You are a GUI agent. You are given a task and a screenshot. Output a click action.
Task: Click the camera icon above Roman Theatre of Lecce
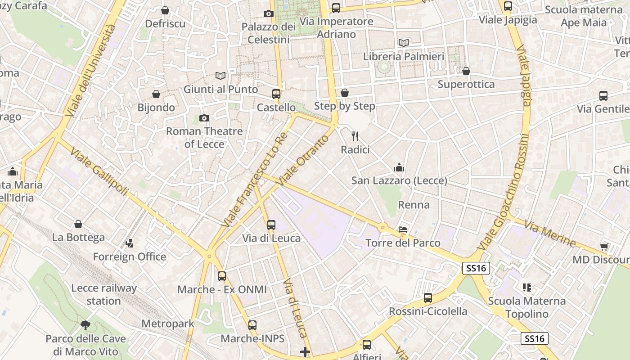tap(204, 118)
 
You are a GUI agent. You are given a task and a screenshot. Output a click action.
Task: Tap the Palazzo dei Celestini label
tap(269, 33)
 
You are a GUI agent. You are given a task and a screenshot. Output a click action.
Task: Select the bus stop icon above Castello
tap(276, 94)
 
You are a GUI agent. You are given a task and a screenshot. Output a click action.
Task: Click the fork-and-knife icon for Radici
tap(355, 136)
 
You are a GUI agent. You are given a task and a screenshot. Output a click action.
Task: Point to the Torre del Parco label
tap(403, 243)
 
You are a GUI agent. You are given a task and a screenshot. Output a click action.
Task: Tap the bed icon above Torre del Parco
tap(403, 229)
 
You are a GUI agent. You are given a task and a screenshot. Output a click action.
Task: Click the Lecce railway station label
tap(104, 294)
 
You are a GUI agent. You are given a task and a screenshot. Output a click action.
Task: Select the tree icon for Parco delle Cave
tap(85, 325)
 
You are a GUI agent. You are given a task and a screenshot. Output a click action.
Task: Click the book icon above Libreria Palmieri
tap(404, 43)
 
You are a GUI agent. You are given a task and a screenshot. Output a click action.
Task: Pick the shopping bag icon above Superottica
tap(466, 71)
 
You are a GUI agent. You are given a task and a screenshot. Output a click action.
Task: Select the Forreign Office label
tap(130, 257)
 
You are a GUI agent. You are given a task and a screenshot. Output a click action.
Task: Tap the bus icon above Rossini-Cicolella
tap(428, 298)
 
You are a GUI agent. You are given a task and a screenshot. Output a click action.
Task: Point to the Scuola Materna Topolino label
tap(526, 307)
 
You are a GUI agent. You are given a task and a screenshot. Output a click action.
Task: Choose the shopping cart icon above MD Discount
tap(604, 246)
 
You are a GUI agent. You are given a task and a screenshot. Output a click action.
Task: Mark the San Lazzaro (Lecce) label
tap(399, 181)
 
